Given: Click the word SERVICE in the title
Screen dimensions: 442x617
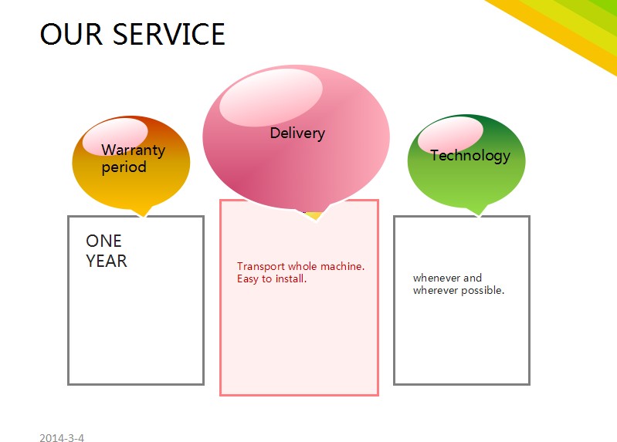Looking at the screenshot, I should pos(168,35).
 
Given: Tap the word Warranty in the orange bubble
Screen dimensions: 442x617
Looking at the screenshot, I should pos(133,150).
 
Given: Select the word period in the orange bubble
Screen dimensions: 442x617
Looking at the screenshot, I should pos(124,167).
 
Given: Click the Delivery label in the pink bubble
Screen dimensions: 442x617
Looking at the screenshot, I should pos(297,133).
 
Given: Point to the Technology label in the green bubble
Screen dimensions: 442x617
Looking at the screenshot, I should pos(470,155).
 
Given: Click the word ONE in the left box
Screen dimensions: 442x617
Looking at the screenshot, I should pos(103,241).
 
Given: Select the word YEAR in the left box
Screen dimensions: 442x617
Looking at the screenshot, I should pos(107,261).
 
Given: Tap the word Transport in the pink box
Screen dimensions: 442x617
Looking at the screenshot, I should pos(261,266).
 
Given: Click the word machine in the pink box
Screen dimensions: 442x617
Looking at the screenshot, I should pos(341,266).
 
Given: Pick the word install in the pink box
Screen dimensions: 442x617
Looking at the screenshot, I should pos(292,278).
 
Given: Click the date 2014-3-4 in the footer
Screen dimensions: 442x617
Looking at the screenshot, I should pos(62,438).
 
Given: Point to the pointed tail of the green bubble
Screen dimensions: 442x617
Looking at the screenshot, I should pos(480,211).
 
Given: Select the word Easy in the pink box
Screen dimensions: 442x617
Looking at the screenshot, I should pos(248,278).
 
